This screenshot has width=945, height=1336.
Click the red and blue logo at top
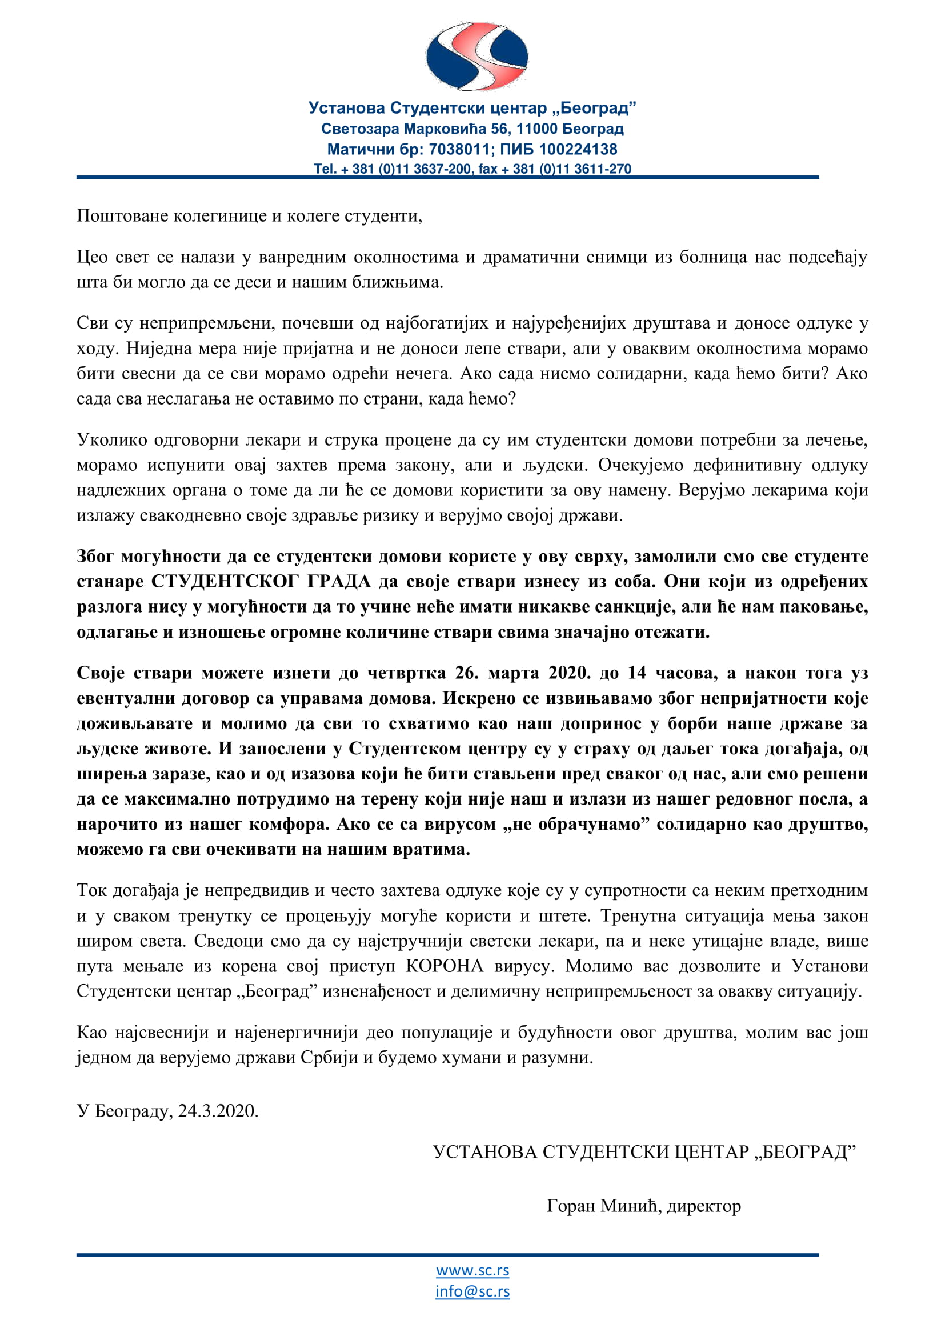click(x=476, y=57)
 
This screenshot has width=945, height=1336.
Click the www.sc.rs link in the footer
click(x=472, y=1270)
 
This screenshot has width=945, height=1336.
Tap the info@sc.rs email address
click(x=472, y=1291)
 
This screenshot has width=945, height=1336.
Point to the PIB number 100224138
click(x=578, y=150)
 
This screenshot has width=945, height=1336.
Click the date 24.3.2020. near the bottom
click(x=218, y=1111)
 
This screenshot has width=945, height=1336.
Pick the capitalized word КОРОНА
click(x=445, y=966)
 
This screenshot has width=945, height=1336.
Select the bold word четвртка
click(x=407, y=673)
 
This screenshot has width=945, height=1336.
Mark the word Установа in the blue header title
click(x=346, y=108)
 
